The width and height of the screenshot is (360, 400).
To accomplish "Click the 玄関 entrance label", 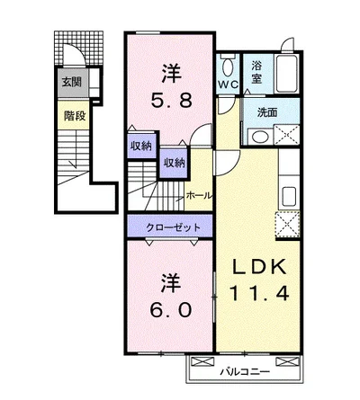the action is click(72, 82).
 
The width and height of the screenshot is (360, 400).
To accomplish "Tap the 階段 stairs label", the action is click(75, 116).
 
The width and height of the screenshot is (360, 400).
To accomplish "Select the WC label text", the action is click(228, 84).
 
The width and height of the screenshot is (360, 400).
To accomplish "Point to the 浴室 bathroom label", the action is click(256, 72).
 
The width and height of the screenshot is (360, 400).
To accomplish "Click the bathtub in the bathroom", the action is click(287, 74).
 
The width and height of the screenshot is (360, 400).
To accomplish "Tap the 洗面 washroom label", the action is click(267, 112).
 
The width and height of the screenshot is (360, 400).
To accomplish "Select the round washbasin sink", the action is click(260, 137).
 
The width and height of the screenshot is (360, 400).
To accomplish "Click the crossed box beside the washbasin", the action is click(287, 135).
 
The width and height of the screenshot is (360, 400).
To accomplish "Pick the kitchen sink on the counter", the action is click(289, 196).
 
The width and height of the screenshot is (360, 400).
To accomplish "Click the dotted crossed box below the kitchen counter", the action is click(287, 225).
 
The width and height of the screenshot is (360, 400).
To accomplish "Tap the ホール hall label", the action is click(199, 196).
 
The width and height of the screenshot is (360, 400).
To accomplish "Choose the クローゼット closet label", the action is click(173, 227).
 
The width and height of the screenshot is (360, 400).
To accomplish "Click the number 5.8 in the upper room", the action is click(171, 100).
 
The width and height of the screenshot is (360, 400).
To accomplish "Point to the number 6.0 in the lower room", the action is click(171, 309).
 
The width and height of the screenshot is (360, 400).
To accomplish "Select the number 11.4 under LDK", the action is click(259, 293).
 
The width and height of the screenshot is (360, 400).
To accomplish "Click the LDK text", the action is click(259, 268).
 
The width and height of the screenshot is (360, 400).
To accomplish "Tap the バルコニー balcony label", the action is click(245, 372).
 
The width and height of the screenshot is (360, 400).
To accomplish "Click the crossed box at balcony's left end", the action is click(202, 361).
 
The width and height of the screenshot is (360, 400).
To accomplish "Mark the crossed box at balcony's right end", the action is click(287, 361).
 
